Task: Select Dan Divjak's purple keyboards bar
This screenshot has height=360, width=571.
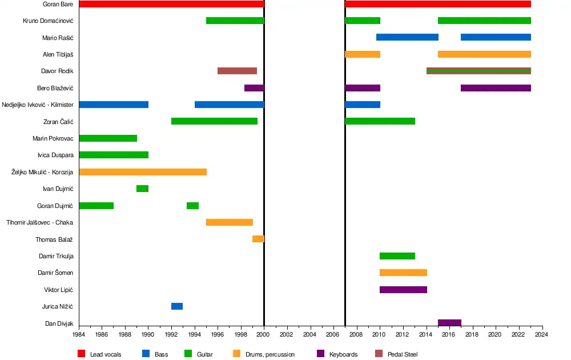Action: pyautogui.click(x=449, y=323)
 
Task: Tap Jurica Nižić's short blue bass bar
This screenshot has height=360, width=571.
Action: pyautogui.click(x=177, y=306)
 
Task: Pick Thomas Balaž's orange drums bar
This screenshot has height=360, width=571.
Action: pyautogui.click(x=258, y=239)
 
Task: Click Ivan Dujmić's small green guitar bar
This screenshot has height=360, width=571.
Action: pyautogui.click(x=142, y=189)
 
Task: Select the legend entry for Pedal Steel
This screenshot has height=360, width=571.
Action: pyautogui.click(x=402, y=354)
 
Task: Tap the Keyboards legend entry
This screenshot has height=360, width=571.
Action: pyautogui.click(x=343, y=354)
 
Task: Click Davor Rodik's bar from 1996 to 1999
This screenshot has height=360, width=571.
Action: pyautogui.click(x=237, y=71)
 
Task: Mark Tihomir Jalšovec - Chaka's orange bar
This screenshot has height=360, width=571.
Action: pyautogui.click(x=229, y=222)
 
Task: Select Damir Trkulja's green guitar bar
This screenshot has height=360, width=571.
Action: pyautogui.click(x=397, y=256)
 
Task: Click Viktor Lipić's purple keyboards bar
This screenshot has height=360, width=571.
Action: pyautogui.click(x=403, y=290)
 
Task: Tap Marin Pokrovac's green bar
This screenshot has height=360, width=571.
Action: pyautogui.click(x=108, y=138)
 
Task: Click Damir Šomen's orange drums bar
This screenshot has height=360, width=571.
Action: pyautogui.click(x=403, y=273)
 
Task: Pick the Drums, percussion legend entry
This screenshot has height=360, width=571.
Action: pyautogui.click(x=269, y=354)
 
